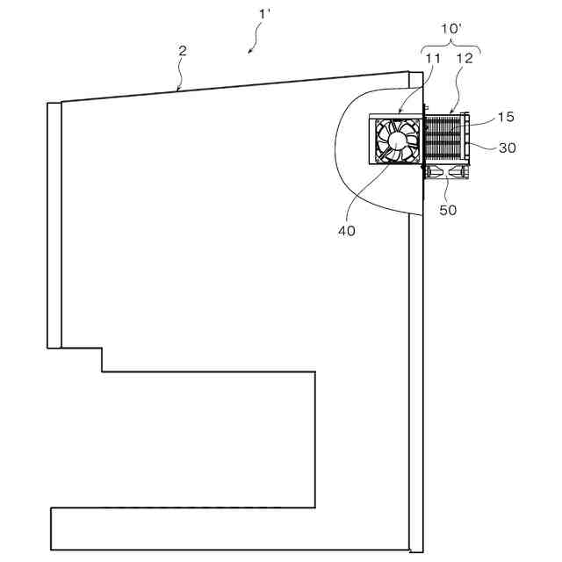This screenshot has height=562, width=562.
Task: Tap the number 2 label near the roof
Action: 183,51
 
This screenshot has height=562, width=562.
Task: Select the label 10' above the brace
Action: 450,29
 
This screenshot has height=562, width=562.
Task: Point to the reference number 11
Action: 432,58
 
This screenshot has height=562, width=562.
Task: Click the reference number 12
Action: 465,58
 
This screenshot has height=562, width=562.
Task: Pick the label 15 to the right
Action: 505,116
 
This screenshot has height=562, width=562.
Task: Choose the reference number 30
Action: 507,148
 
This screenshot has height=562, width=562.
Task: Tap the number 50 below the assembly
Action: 448,210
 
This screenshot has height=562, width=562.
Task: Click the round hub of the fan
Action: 398,141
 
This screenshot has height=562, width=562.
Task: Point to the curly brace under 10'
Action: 450,44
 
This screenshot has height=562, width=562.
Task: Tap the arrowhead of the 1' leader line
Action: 249,53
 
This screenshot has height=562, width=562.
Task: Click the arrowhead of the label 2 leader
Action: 178,90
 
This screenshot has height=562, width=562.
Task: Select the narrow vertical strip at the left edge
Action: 54,225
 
